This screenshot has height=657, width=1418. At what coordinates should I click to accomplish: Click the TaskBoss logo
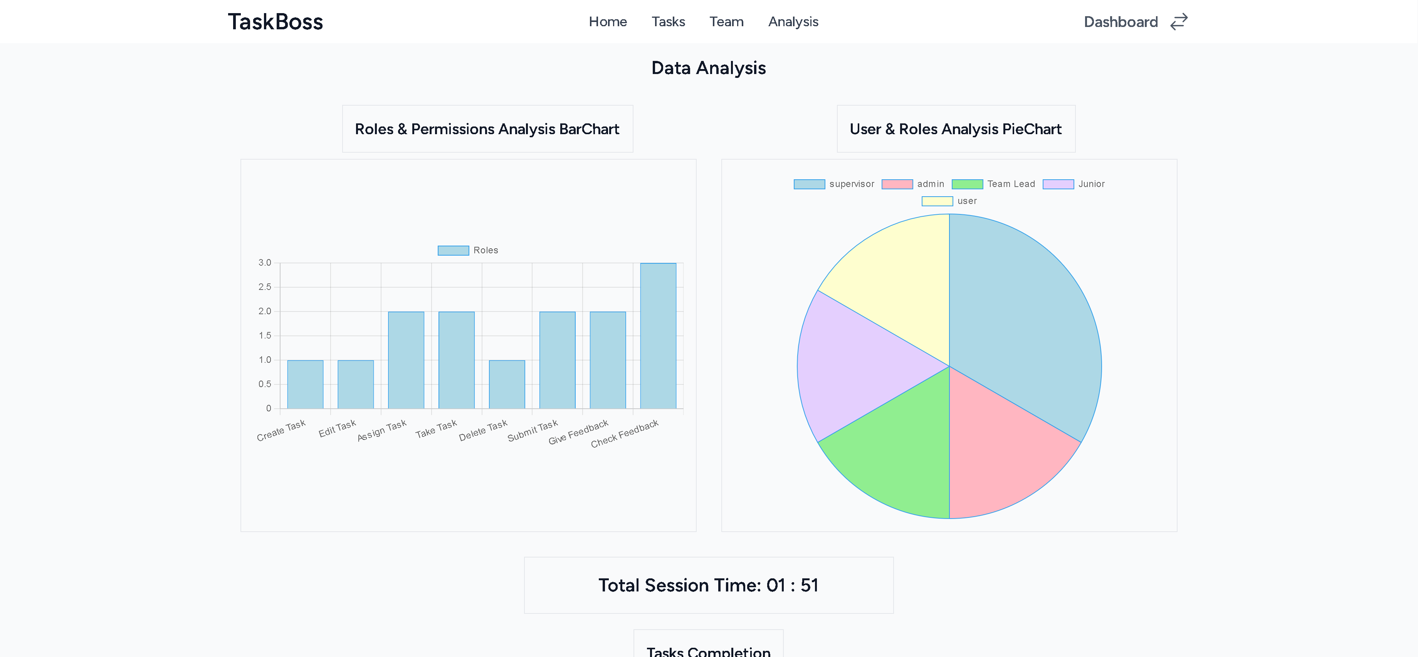tap(275, 22)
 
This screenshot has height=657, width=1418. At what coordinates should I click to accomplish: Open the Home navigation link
tap(608, 22)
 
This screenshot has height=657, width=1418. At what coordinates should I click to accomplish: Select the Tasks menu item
tap(668, 22)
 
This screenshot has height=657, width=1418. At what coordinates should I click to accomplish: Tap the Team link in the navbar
tap(726, 22)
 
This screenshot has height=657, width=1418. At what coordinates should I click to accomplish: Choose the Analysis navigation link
tap(793, 22)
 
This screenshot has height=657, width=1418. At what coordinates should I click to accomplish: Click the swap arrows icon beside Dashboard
tap(1179, 22)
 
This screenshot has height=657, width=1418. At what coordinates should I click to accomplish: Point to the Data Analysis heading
tap(709, 68)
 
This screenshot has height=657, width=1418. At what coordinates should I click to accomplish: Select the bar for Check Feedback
tap(658, 336)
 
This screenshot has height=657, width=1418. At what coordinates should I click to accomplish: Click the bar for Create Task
tap(305, 384)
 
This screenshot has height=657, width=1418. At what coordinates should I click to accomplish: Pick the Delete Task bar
tap(506, 384)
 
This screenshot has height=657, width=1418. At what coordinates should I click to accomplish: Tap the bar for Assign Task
tap(406, 360)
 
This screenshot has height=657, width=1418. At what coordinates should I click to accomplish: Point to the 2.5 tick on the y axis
tap(265, 287)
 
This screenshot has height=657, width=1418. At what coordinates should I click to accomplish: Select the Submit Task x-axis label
tap(532, 431)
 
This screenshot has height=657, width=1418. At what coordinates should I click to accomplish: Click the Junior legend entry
tap(1074, 184)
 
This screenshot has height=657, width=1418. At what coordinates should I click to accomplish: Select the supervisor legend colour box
tap(809, 184)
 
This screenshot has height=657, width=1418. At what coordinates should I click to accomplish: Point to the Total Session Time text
tap(709, 585)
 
